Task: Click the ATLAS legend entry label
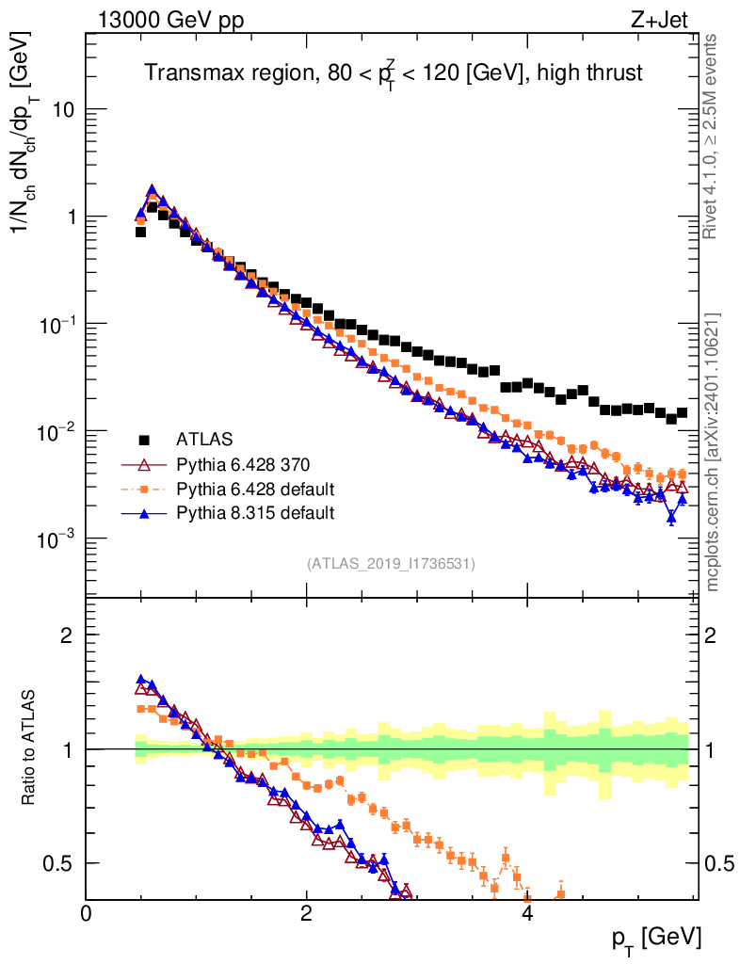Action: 204,439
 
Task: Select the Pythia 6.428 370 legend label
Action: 243,464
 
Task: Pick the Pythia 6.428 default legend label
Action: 255,489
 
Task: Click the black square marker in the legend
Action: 145,440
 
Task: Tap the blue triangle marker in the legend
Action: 145,513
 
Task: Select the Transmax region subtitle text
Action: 393,74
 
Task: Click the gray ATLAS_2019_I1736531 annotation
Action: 391,564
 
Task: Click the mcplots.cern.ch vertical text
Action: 712,452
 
